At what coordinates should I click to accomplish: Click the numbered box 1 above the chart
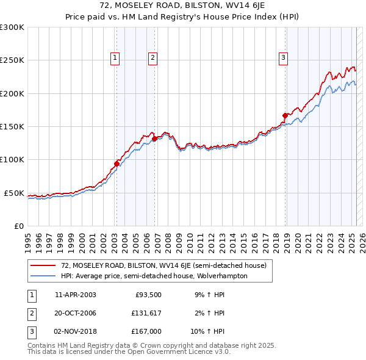(115, 58)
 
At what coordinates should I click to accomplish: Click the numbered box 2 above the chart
(152, 58)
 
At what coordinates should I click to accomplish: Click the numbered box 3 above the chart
(284, 58)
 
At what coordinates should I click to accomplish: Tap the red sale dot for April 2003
(117, 164)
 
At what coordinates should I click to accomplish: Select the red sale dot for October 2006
(154, 139)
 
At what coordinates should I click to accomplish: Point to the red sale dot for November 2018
(285, 115)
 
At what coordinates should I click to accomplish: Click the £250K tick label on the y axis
(12, 60)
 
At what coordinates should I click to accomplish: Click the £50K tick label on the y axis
(14, 193)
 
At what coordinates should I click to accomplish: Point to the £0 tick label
(18, 226)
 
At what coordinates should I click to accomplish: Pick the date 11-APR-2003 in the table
(76, 294)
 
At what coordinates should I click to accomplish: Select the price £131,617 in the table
(146, 313)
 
